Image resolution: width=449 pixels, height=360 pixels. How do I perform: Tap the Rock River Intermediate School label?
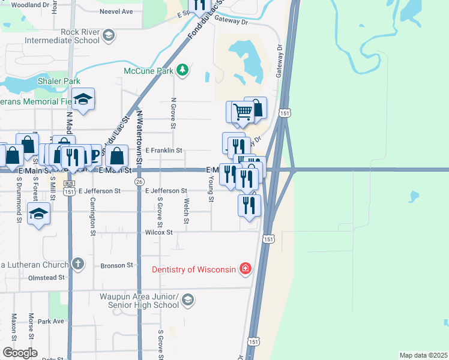62,36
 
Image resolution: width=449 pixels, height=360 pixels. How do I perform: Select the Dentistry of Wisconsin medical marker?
245,269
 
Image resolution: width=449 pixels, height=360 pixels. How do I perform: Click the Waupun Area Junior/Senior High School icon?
187,300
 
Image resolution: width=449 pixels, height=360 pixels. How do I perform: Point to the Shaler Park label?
59,81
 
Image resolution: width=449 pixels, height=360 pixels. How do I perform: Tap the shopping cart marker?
242,112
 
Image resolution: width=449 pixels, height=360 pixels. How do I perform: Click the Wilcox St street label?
158,232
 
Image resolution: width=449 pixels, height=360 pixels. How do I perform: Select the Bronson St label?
116,265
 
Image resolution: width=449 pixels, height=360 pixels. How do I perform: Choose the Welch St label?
187,213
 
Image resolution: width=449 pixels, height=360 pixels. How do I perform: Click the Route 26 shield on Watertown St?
139,181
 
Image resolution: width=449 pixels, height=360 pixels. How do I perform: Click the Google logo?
20,353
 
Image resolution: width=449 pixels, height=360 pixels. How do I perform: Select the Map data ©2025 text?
423,355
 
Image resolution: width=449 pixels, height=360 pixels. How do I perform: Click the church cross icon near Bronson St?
77,263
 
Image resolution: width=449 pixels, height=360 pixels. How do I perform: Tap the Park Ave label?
50,322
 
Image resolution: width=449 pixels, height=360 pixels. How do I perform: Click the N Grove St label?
173,113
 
